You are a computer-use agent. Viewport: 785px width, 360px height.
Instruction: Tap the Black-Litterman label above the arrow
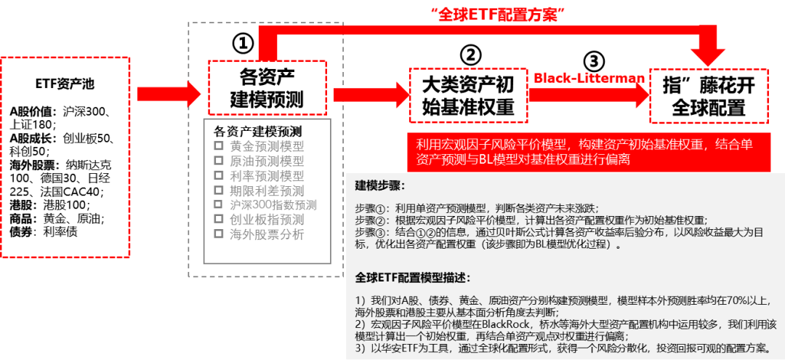coord(589,78)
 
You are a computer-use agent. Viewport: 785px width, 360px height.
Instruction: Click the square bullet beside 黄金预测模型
coord(217,145)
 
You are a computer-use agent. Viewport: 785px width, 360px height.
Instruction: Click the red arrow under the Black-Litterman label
coord(589,93)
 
